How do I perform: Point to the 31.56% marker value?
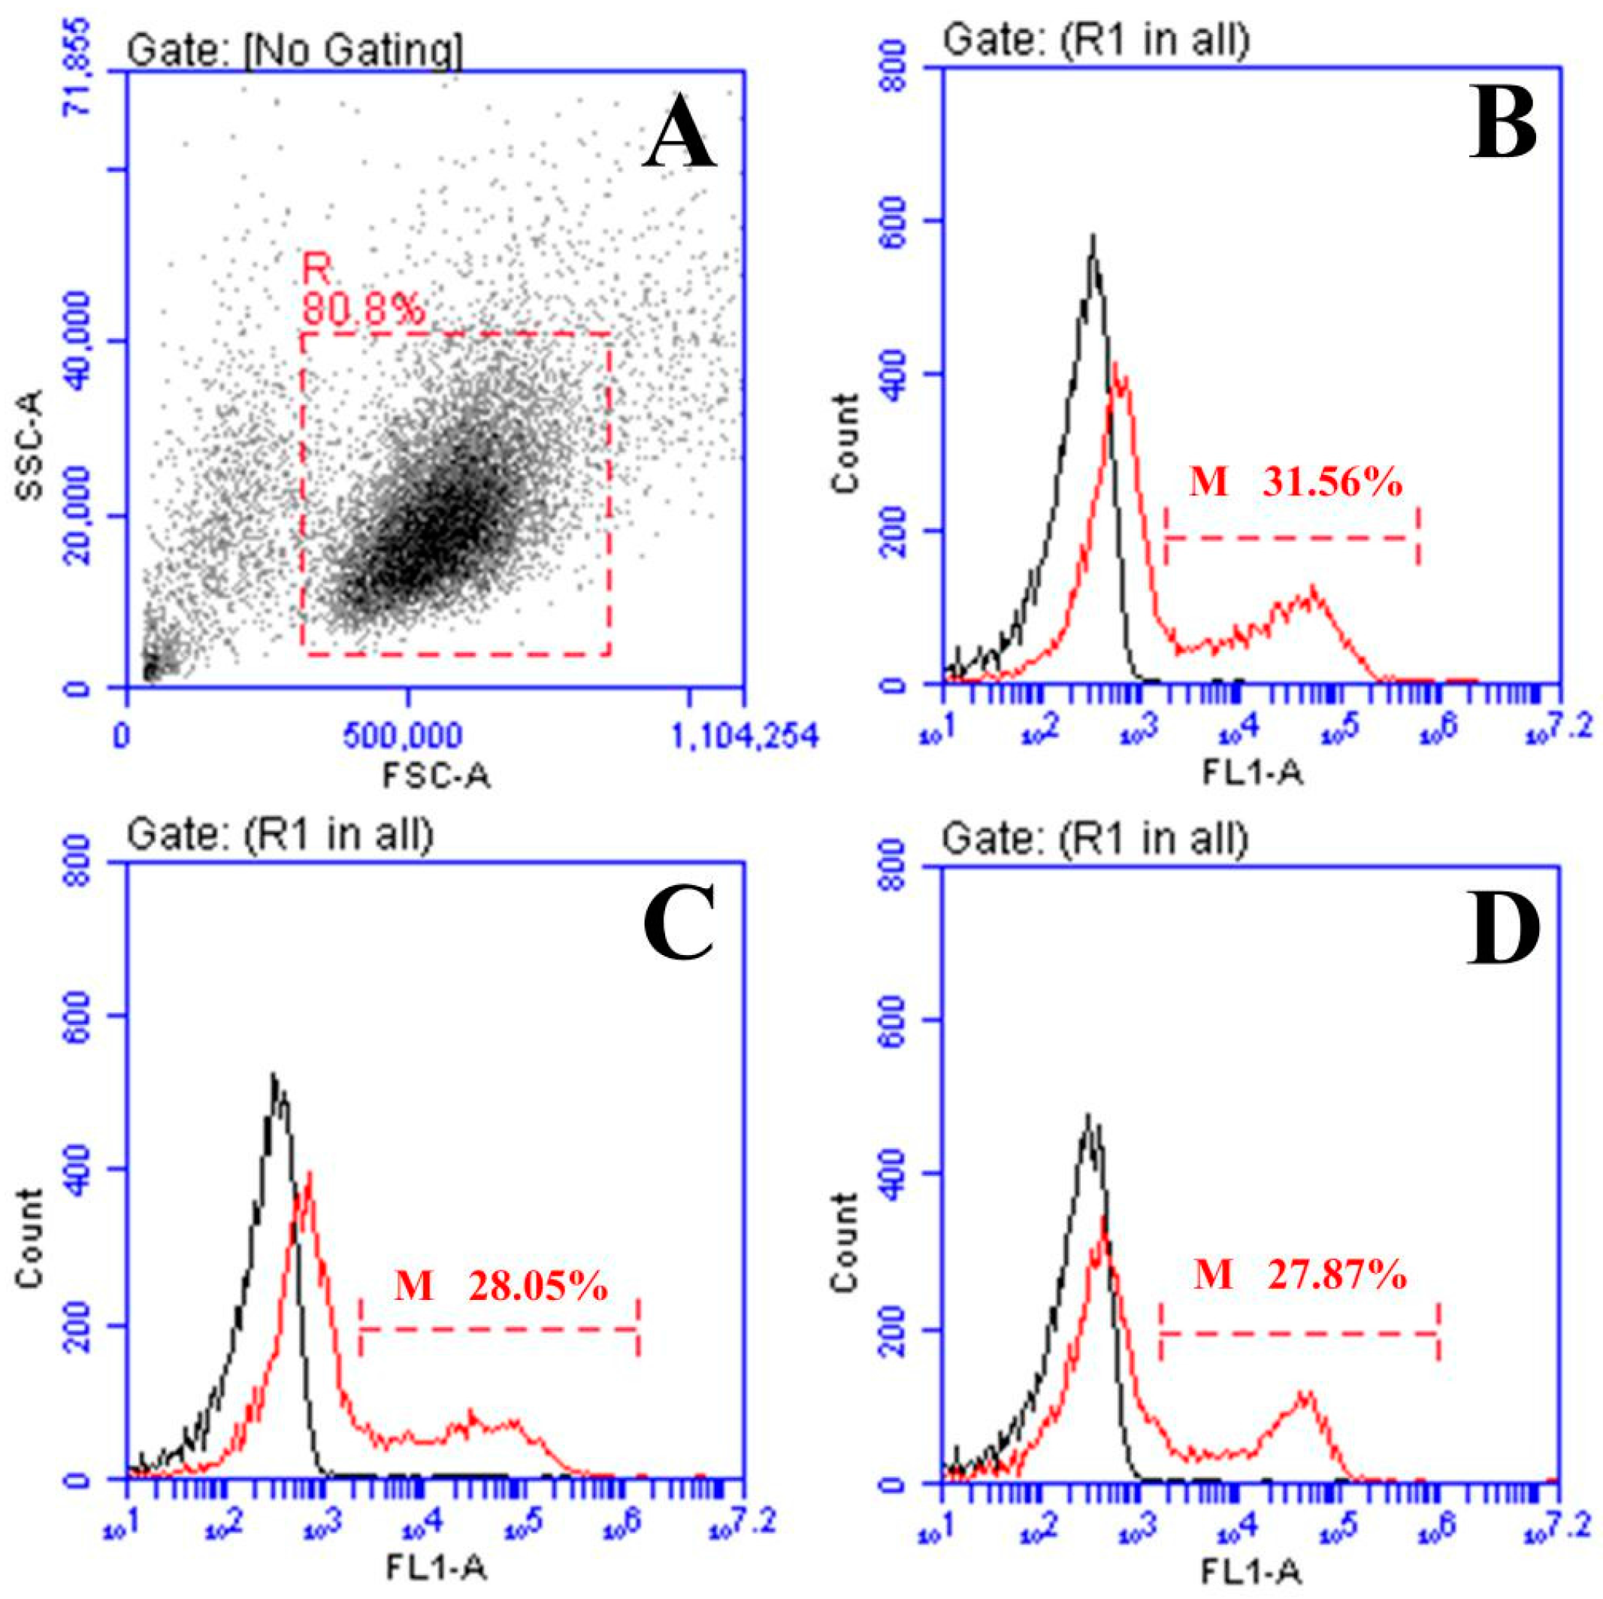[x=1332, y=483]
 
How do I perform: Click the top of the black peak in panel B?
[x=1093, y=239]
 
